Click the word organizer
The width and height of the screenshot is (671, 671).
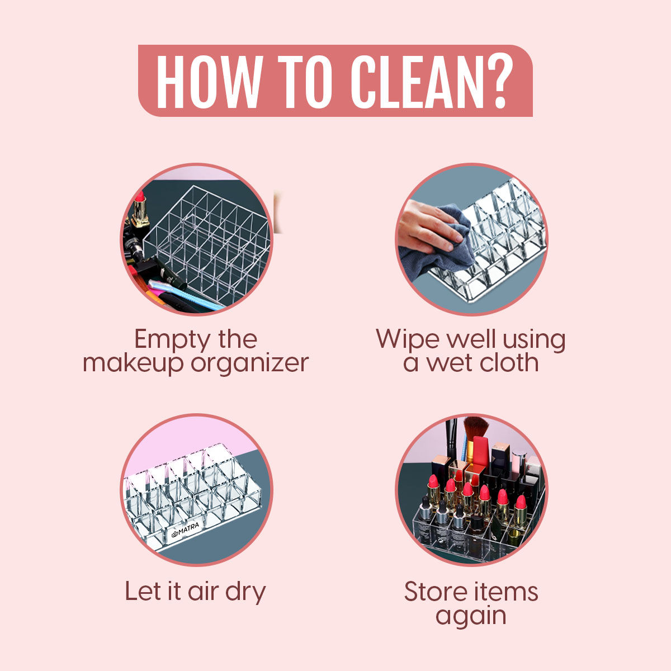[x=249, y=364]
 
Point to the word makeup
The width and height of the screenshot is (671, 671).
[x=133, y=364]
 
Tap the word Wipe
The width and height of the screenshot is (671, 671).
[x=408, y=339]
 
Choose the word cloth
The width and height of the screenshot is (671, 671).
[x=509, y=363]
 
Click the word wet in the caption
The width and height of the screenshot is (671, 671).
[x=448, y=363]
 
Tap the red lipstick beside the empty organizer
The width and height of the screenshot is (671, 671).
[x=140, y=209]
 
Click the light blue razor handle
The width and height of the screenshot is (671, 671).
[x=185, y=295]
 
